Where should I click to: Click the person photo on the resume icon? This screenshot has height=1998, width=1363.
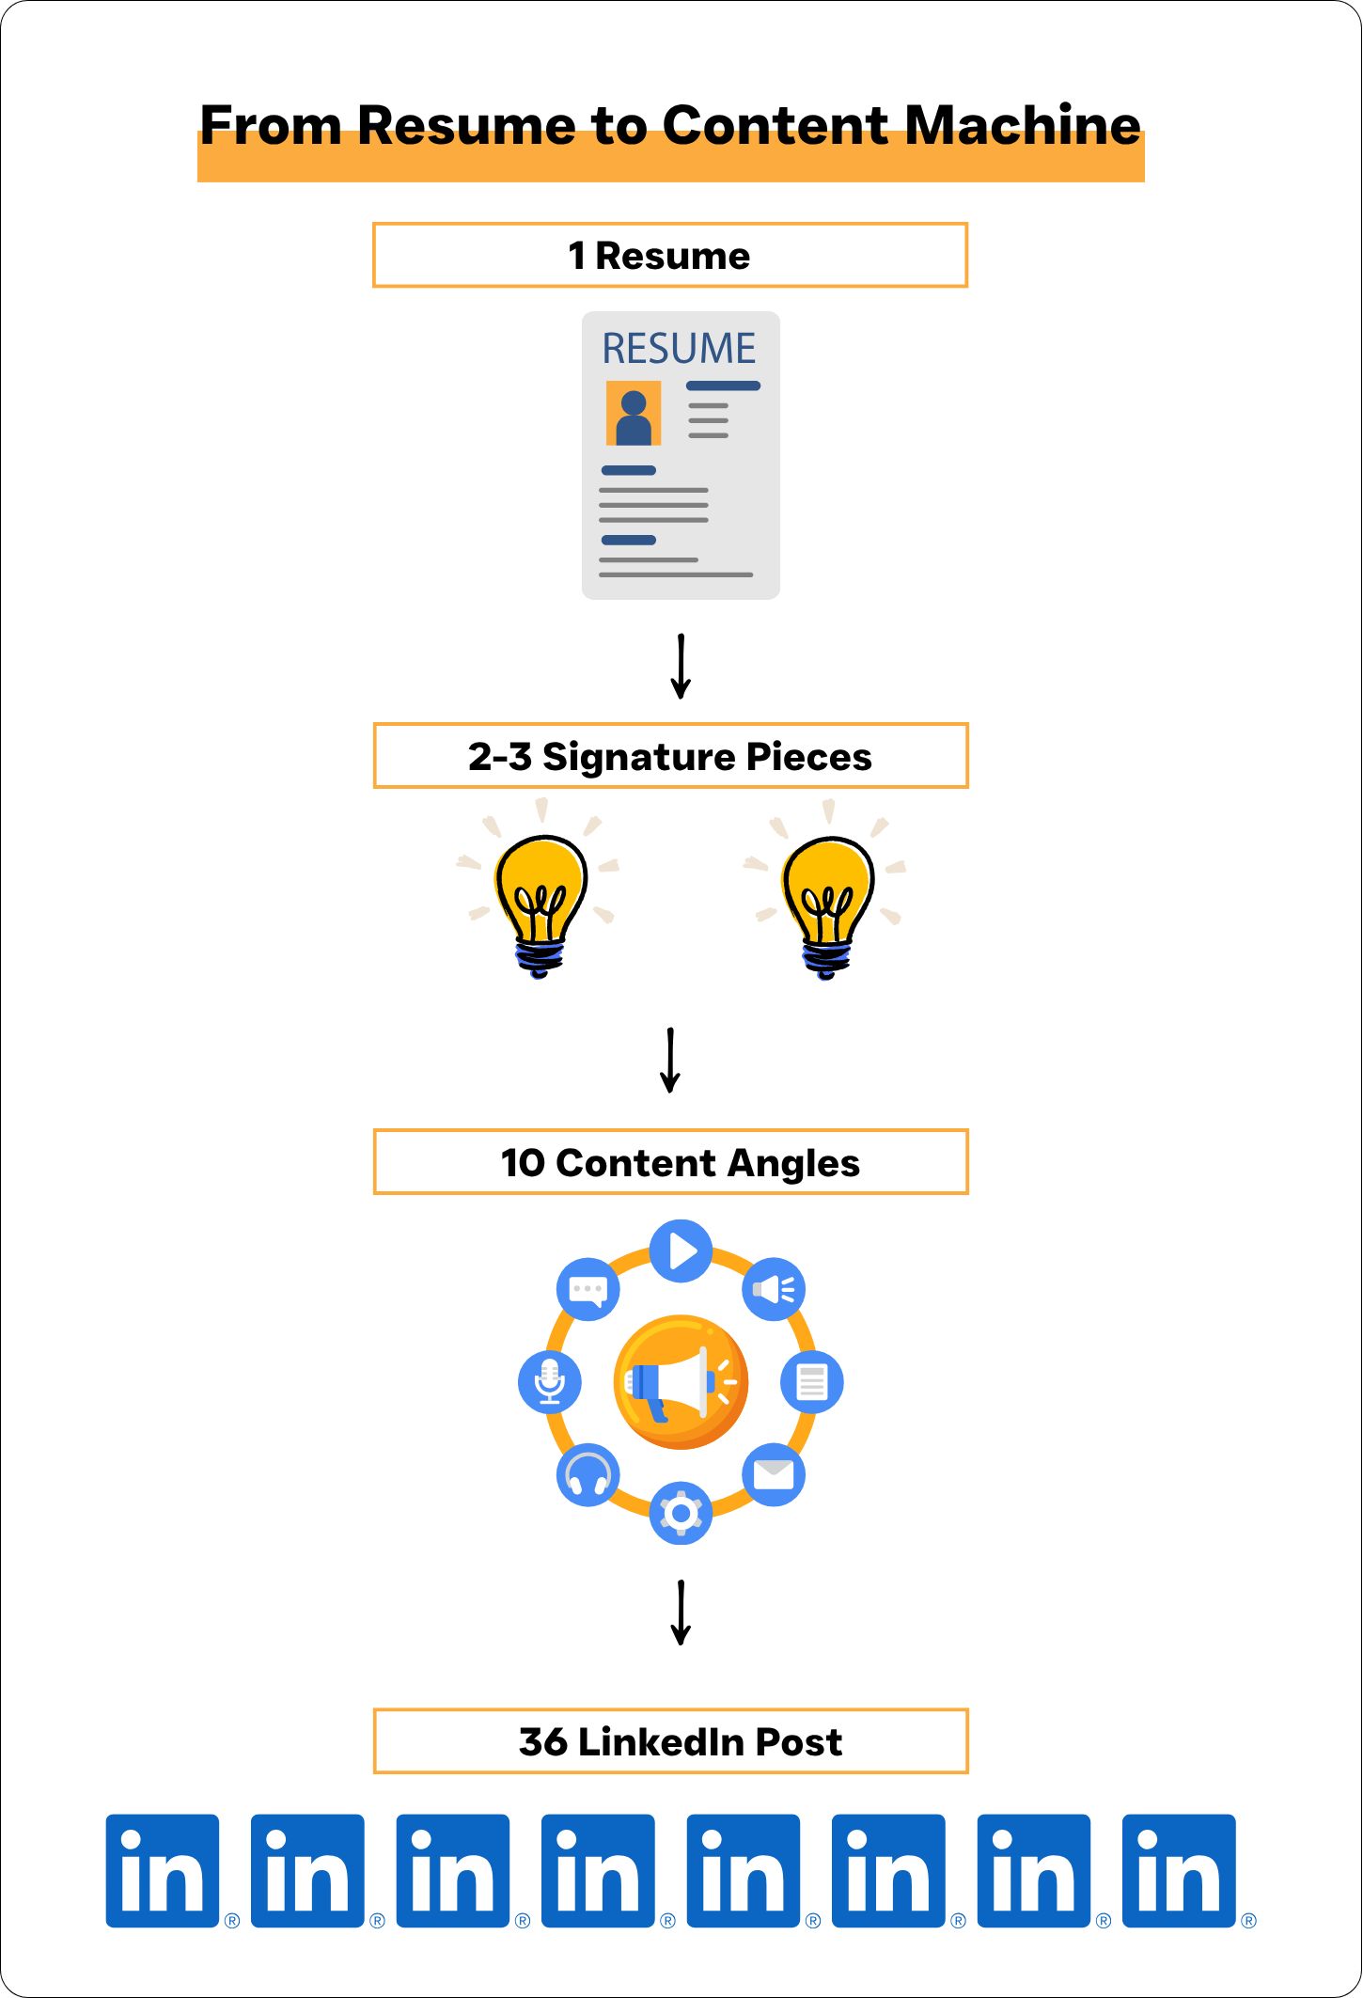[634, 414]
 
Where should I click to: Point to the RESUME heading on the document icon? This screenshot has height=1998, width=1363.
[679, 349]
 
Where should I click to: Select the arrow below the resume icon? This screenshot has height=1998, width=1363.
[681, 667]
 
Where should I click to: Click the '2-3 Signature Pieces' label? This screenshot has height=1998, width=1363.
[669, 757]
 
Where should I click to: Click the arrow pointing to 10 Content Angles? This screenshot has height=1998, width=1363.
[670, 1061]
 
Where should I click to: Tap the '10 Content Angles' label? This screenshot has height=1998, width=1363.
[680, 1163]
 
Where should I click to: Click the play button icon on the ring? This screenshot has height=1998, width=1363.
[681, 1251]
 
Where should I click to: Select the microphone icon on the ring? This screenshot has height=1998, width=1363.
[550, 1381]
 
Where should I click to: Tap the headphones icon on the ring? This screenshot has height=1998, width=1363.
[587, 1474]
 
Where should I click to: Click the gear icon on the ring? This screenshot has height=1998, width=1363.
[681, 1513]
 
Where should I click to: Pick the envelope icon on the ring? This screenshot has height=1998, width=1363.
[773, 1473]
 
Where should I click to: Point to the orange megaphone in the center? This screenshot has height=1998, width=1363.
[681, 1381]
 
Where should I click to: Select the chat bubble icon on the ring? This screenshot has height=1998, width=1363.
[588, 1289]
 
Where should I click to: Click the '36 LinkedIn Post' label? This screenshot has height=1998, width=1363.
[680, 1742]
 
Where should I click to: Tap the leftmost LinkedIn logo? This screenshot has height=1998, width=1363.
[163, 1871]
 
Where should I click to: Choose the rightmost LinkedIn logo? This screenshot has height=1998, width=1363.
[1179, 1871]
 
